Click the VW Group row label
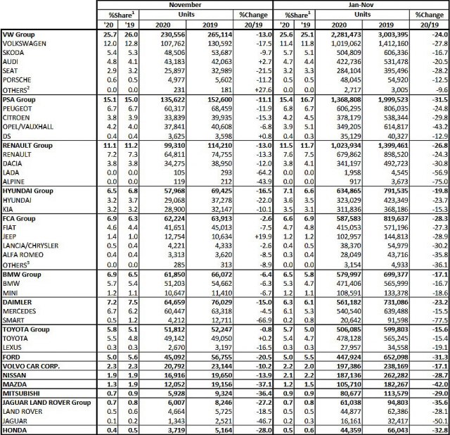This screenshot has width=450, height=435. [x=22, y=34]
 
